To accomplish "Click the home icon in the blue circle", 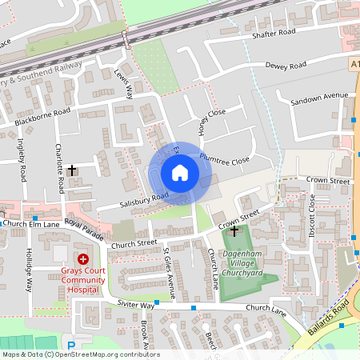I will [x=180, y=173].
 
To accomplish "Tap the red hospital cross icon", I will [x=83, y=259].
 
